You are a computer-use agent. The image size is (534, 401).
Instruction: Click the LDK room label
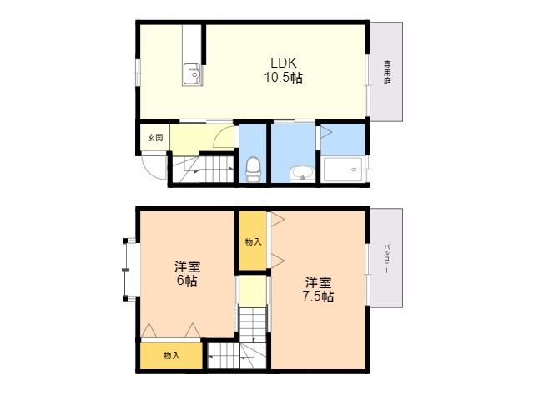point(284,63)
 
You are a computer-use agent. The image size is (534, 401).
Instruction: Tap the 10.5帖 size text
point(284,78)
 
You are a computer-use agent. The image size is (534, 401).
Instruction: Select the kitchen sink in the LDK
point(193,74)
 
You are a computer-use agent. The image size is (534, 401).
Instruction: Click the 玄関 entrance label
point(155,137)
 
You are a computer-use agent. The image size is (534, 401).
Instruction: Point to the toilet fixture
point(253,169)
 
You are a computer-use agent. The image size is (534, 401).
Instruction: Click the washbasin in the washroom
point(302,173)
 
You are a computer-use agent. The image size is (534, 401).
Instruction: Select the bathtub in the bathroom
point(343,170)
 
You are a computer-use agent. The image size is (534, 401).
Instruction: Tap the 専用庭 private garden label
point(387,73)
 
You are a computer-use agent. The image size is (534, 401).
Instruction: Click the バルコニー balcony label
point(387,259)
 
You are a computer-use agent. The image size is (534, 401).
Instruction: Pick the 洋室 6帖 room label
point(187,273)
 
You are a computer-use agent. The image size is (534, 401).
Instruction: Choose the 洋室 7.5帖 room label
point(318,290)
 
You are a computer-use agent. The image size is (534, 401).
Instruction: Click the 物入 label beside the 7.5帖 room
point(253,242)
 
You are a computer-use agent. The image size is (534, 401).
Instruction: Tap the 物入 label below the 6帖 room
point(171,356)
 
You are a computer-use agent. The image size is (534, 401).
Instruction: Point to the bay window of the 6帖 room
point(127,270)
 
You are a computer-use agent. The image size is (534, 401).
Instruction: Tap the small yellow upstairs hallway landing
point(252,291)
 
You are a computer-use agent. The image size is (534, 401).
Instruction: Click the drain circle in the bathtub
point(354,170)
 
